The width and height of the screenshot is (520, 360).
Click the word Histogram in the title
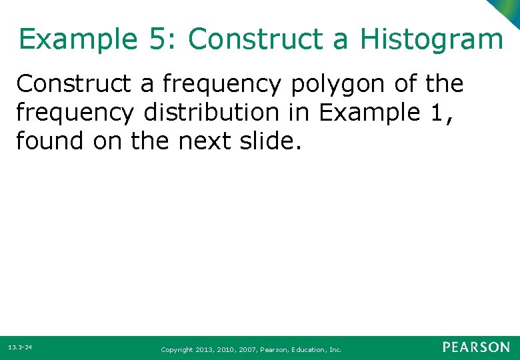pyautogui.click(x=431, y=39)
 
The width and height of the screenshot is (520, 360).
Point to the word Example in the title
pyautogui.click(x=77, y=39)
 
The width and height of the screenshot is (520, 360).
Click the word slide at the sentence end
pyautogui.click(x=277, y=141)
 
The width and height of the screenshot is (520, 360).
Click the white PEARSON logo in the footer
pyautogui.click(x=476, y=347)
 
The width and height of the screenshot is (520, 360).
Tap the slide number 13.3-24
pyautogui.click(x=20, y=348)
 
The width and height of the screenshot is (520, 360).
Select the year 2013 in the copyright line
pyautogui.click(x=205, y=349)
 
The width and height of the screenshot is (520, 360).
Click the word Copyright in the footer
pyautogui.click(x=177, y=349)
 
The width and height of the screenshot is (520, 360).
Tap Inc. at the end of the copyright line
pyautogui.click(x=335, y=349)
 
